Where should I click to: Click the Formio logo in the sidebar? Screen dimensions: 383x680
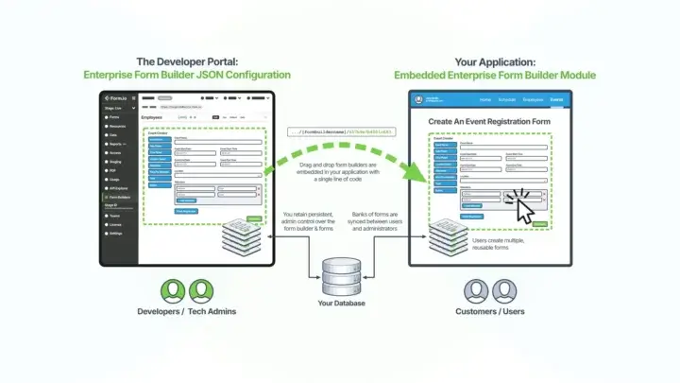click(x=115, y=98)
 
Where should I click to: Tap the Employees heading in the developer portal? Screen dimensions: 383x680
click(x=152, y=117)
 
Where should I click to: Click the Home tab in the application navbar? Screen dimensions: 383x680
click(x=485, y=98)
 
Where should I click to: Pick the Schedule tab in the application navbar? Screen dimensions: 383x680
click(x=508, y=98)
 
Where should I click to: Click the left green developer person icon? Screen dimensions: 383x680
click(x=175, y=290)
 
